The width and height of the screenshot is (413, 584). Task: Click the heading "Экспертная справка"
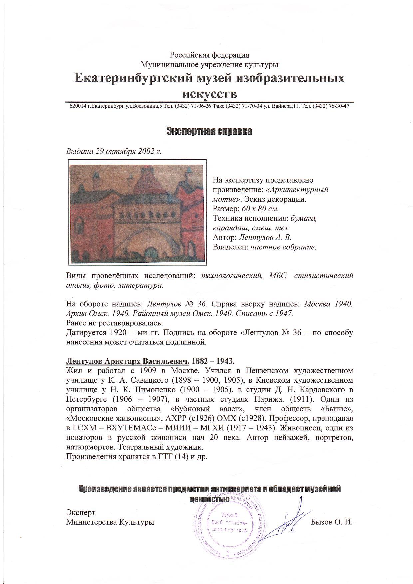(x=209, y=131)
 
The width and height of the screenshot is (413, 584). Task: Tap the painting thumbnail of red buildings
(x=137, y=212)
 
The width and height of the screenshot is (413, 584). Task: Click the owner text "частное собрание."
(x=283, y=247)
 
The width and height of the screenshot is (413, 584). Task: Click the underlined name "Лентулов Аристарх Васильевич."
(x=128, y=361)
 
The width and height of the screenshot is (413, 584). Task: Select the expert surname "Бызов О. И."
(x=332, y=522)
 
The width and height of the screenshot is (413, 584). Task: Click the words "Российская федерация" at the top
(x=209, y=55)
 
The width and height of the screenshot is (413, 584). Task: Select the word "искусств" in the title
(x=209, y=94)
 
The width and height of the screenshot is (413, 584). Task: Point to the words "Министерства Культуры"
(x=110, y=522)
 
